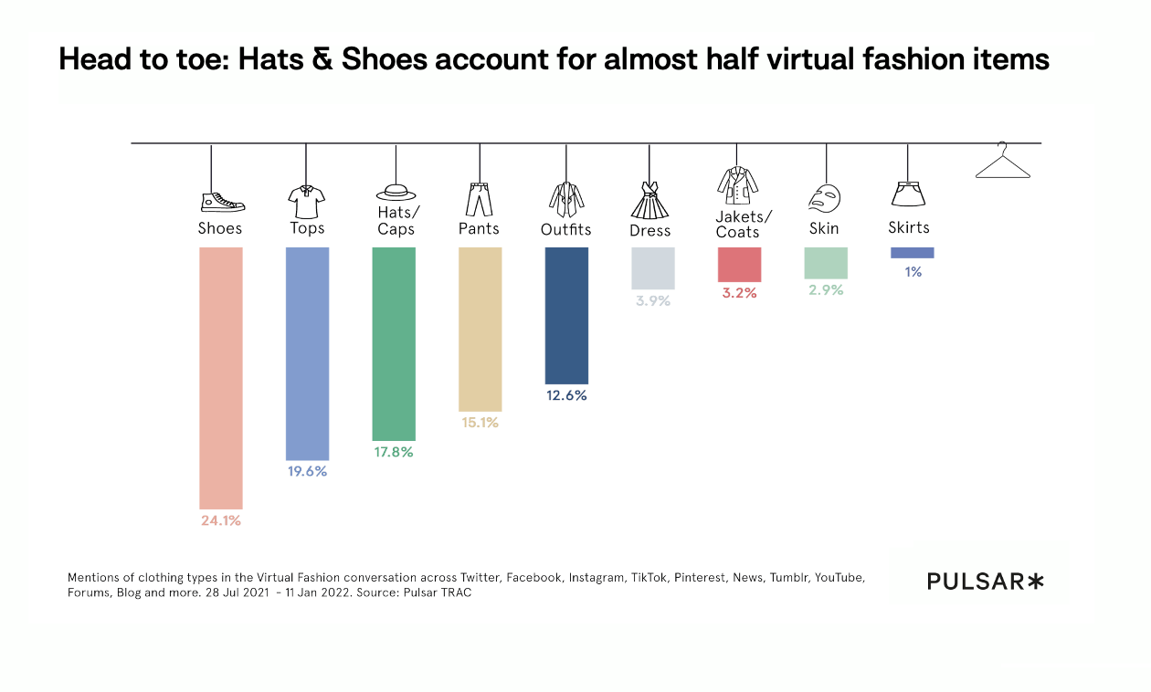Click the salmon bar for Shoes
pos(220,378)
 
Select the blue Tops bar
pos(307,353)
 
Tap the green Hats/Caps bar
pos(394,344)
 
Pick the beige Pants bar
pos(480,329)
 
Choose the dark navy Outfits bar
pos(566,315)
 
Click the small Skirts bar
pos(912,253)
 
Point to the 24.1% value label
pos(220,520)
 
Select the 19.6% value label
pos(307,472)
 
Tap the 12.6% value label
pos(566,396)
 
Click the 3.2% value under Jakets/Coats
pos(739,293)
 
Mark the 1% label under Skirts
pos(913,271)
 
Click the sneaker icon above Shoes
pos(222,202)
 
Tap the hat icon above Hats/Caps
pos(396,192)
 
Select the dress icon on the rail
pos(650,200)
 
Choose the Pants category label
pos(479,228)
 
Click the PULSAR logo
pos(985,581)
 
